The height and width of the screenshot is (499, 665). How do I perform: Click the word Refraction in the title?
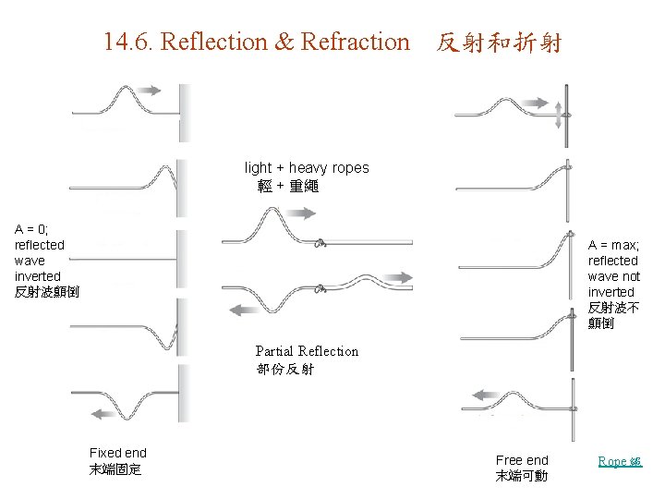click(355, 42)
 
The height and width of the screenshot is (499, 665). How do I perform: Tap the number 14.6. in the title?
click(129, 42)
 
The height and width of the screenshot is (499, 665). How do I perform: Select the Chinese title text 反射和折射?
click(499, 43)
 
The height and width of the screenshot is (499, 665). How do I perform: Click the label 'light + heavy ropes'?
click(307, 167)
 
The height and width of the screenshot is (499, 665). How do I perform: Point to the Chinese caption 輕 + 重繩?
click(288, 186)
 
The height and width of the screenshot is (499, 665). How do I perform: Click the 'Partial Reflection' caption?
click(307, 351)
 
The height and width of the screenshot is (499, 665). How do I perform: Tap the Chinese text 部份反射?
click(285, 370)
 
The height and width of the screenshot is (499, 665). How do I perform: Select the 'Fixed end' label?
click(118, 453)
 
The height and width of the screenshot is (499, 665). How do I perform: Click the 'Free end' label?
click(522, 460)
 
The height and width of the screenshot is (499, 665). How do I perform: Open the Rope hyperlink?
click(619, 461)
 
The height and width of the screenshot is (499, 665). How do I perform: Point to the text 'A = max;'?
click(613, 245)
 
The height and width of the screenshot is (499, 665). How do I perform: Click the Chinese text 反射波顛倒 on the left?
click(47, 292)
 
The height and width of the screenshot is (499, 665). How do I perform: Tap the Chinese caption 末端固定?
click(115, 469)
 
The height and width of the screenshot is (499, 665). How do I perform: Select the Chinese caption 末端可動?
click(521, 477)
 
